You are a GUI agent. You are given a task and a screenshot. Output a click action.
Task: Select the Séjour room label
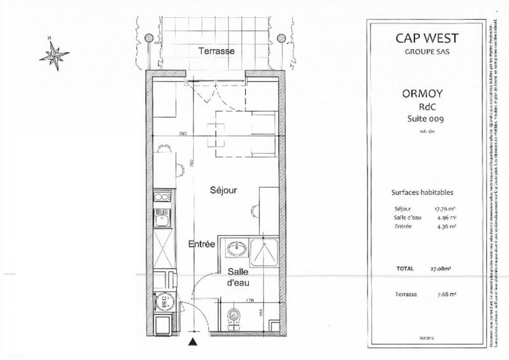[x=225, y=190]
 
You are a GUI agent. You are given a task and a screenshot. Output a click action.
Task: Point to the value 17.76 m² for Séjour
[x=444, y=208]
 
